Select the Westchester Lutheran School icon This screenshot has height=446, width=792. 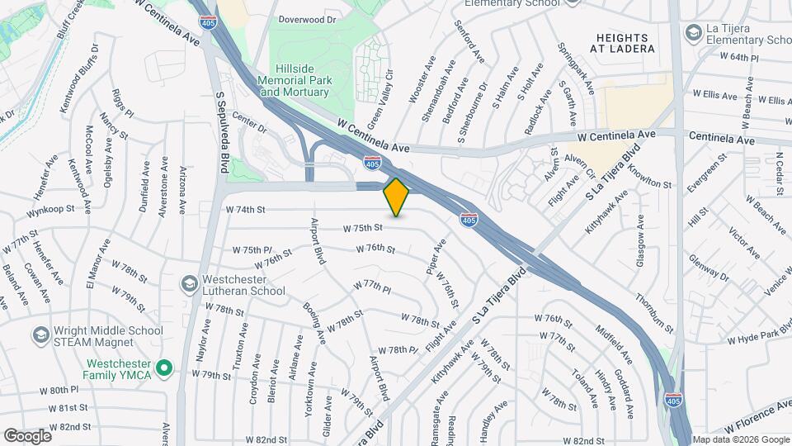[189, 283]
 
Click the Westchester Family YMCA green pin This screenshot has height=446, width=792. [163, 368]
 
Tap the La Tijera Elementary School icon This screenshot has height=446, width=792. [693, 31]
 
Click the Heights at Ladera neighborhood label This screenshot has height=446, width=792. [627, 43]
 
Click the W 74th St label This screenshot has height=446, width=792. [245, 210]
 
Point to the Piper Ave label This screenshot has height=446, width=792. [436, 257]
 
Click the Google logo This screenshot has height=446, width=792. [27, 435]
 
